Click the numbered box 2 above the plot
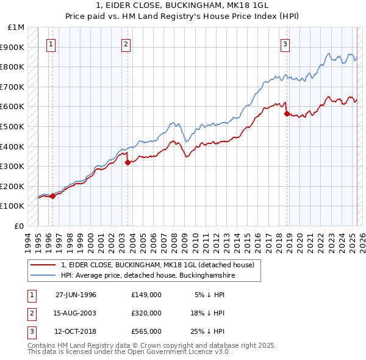pyautogui.click(x=126, y=44)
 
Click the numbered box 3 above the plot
pyautogui.click(x=285, y=44)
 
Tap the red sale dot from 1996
pyautogui.click(x=52, y=196)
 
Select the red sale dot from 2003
pyautogui.click(x=127, y=162)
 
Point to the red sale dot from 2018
pyautogui.click(x=287, y=113)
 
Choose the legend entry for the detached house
pyautogui.click(x=161, y=265)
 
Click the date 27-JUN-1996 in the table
pyautogui.click(x=76, y=295)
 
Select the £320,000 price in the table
pyautogui.click(x=146, y=313)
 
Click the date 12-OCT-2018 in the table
pyautogui.click(x=76, y=331)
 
